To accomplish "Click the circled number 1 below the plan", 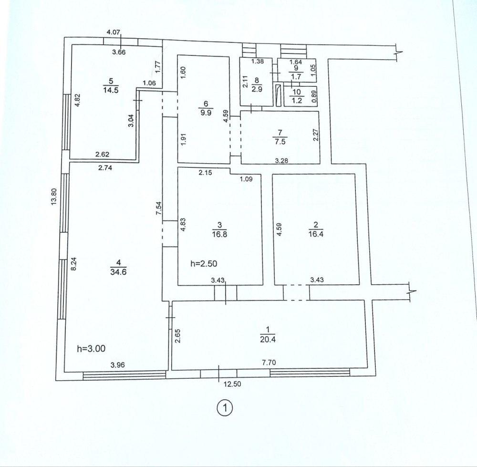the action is [225, 408].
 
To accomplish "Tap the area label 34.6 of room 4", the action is [118, 272].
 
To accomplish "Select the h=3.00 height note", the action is [91, 348].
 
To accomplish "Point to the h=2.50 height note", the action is [204, 263].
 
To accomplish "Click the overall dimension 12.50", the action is [232, 384].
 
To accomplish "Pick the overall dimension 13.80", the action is [54, 197].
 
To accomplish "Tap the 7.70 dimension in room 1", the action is [269, 362].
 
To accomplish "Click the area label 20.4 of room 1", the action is [268, 339].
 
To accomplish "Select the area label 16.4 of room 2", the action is [316, 234].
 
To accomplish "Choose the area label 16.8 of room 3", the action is [219, 234].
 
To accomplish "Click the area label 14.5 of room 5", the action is [111, 90].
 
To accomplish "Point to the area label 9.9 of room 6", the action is [206, 113].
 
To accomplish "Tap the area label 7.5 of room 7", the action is [280, 142].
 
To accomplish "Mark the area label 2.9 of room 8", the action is [258, 90].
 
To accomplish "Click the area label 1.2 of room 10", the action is [297, 101].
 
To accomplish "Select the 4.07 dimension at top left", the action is [114, 32].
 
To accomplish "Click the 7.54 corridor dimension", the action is [158, 209].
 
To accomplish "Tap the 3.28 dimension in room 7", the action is [282, 161].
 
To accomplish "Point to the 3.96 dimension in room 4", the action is [118, 365].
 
